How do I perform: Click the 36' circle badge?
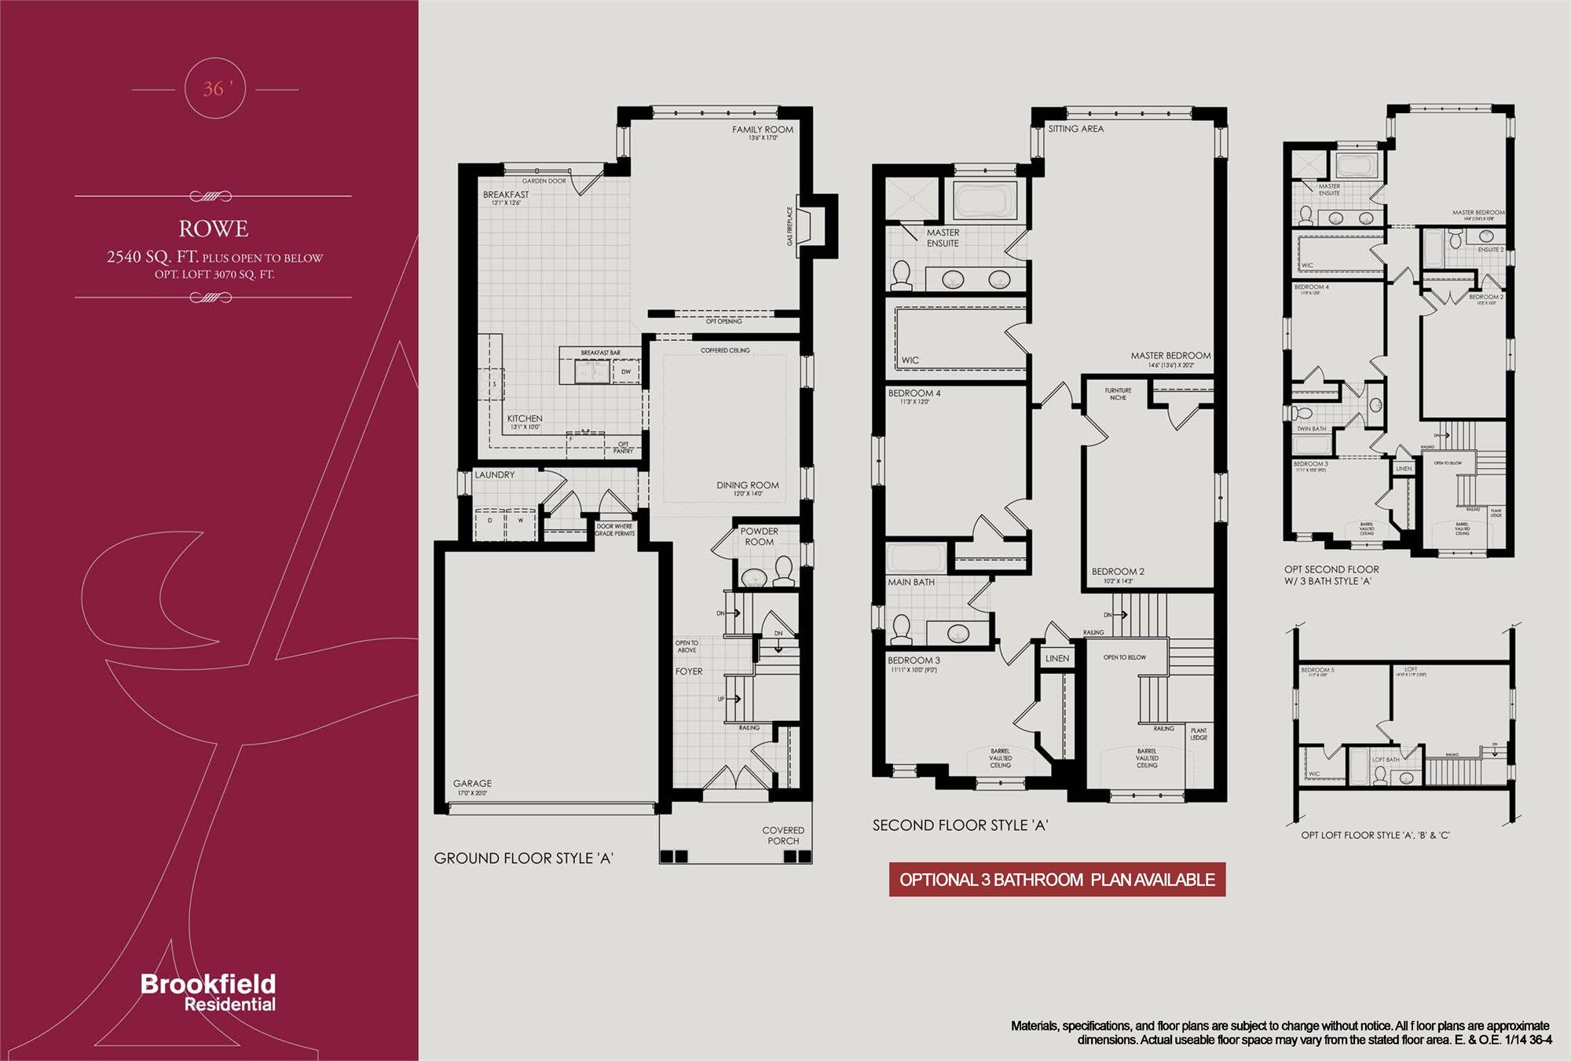214,90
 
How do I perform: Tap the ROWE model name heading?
214,229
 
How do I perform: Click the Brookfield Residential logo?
208,992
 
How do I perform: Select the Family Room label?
762,130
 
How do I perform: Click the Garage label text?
472,783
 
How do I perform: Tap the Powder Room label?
759,536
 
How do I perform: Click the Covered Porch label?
782,835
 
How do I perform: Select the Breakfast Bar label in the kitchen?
600,353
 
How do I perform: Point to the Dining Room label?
747,485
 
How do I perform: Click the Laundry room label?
495,475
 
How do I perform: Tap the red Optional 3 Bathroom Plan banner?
1056,880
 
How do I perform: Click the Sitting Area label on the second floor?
1075,129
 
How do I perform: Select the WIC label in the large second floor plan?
910,360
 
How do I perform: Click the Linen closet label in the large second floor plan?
1056,658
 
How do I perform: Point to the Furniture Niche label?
1118,393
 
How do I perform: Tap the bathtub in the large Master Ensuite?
984,200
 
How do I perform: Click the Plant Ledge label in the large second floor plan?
1198,734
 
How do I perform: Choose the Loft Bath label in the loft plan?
1386,759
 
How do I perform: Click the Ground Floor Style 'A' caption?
523,858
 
